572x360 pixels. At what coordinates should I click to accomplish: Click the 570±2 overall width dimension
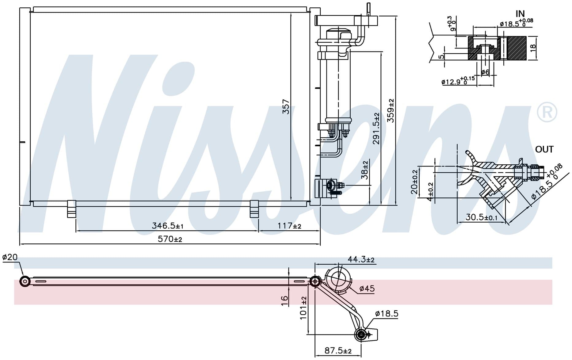coord(170,239)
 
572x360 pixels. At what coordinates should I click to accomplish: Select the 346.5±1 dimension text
coord(167,226)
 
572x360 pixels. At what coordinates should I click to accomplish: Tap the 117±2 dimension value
coord(289,226)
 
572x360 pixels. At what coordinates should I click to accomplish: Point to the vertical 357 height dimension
coord(286,106)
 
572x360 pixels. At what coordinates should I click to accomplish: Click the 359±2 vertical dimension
coord(391,111)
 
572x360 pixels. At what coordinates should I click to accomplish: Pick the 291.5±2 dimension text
coord(376,128)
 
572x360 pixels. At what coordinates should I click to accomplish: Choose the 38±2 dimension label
coord(365,170)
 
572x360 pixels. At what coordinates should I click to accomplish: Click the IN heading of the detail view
coord(520,14)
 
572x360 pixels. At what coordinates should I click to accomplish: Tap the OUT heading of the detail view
coord(544,149)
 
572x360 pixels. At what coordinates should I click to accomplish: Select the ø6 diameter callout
coord(485,72)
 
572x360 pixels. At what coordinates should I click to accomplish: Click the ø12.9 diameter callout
coord(458,81)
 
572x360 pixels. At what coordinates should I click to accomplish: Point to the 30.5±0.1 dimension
coord(482,217)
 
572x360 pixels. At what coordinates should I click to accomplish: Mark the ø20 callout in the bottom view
coord(10,257)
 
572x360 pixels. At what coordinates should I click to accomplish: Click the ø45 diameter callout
coord(367,289)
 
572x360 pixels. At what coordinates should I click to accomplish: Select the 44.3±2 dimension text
coord(361,260)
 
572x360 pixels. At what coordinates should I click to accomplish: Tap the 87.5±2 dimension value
coord(338,350)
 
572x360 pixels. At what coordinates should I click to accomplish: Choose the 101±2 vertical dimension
coord(303,308)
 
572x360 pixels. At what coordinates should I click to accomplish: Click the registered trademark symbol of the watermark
coord(547,113)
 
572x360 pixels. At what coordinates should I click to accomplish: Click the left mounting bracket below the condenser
coord(71,209)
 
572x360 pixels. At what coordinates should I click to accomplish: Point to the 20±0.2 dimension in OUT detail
coord(414,182)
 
